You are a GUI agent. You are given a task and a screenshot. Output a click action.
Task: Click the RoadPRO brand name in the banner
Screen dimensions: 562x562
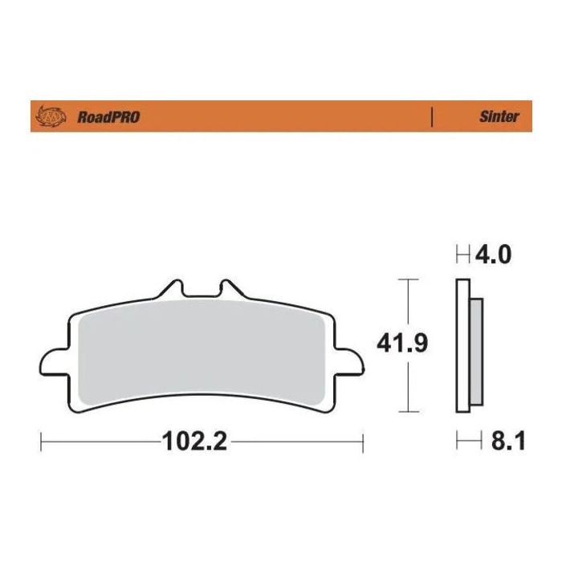pyautogui.click(x=108, y=117)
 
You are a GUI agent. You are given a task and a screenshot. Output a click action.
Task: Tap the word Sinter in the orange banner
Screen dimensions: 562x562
pyautogui.click(x=499, y=117)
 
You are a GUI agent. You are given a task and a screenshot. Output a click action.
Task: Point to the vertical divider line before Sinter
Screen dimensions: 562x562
pyautogui.click(x=433, y=117)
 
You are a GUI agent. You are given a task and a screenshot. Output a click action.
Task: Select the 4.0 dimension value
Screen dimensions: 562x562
pyautogui.click(x=494, y=256)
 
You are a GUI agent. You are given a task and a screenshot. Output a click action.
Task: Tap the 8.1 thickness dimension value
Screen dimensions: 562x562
pyautogui.click(x=506, y=442)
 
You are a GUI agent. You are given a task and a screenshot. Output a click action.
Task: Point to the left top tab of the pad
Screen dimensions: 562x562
pyautogui.click(x=170, y=290)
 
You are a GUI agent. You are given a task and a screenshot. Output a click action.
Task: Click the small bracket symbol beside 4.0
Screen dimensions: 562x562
pyautogui.click(x=463, y=257)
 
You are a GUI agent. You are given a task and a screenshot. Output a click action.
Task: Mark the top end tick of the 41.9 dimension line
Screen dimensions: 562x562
pyautogui.click(x=409, y=279)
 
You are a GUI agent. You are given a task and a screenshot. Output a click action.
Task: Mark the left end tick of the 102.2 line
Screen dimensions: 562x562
pyautogui.click(x=40, y=442)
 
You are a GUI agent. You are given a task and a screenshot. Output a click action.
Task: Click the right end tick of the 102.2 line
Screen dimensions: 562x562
pyautogui.click(x=364, y=442)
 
